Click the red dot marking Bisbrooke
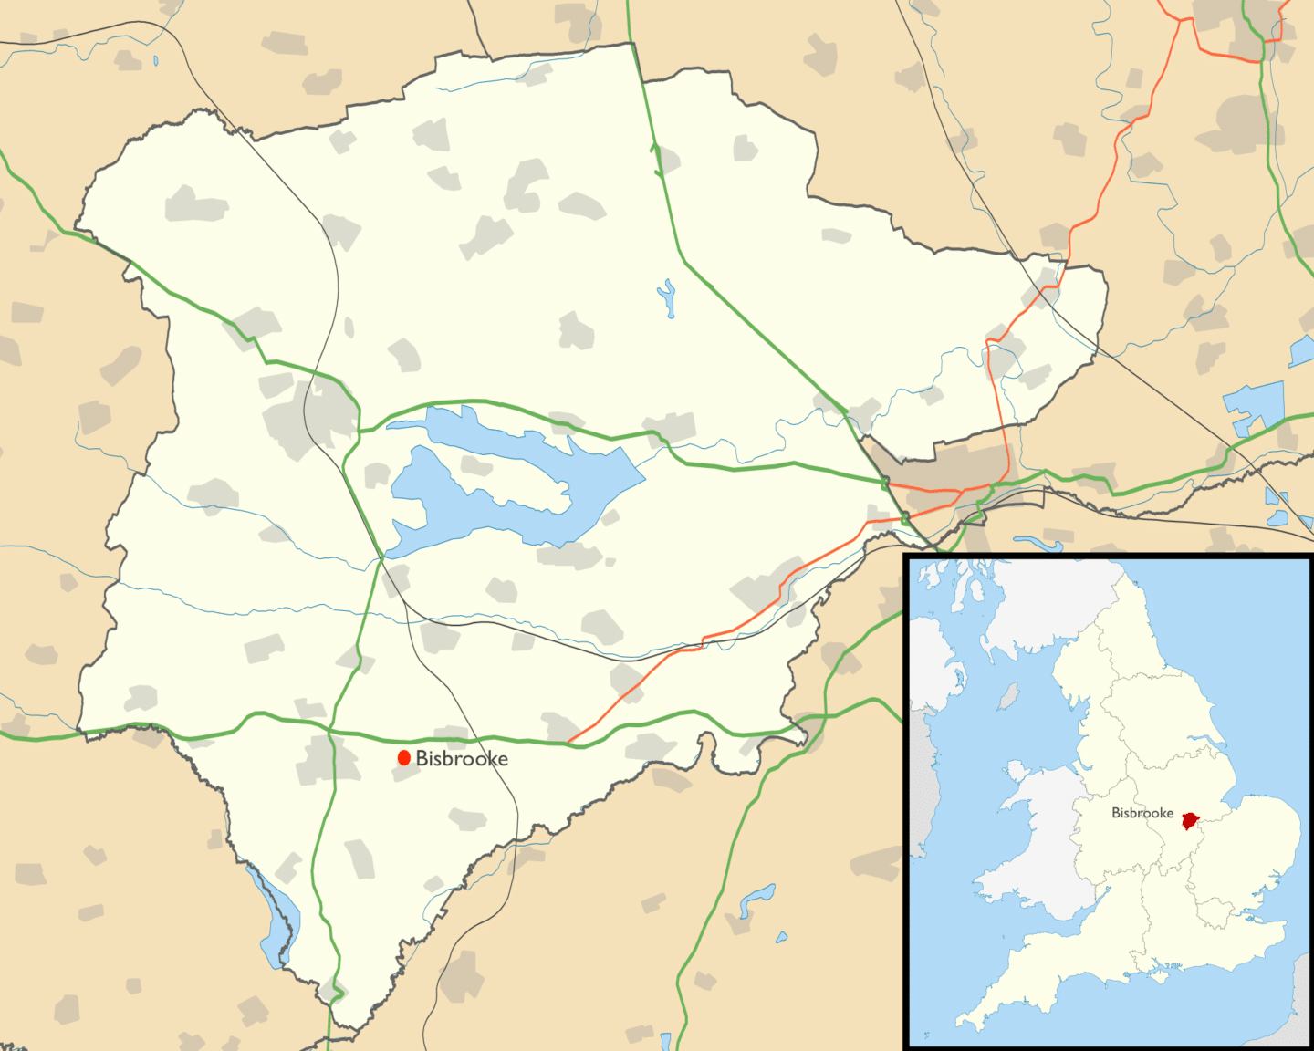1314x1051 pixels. click(404, 758)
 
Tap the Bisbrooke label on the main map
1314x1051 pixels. click(462, 758)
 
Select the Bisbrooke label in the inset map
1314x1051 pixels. click(1142, 813)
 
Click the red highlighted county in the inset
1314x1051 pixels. click(1189, 820)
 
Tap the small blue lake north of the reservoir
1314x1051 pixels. click(668, 298)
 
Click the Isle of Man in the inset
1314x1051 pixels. click(1009, 698)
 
